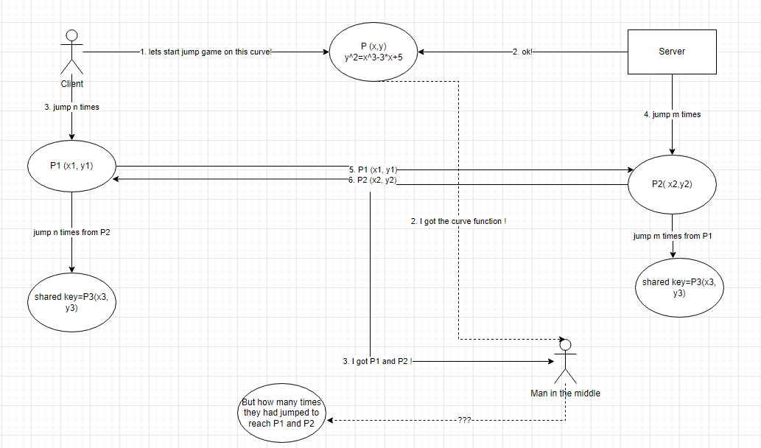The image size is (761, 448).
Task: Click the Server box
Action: [671, 52]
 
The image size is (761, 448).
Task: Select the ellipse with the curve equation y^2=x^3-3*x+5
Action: [374, 52]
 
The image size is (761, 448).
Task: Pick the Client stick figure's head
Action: [71, 35]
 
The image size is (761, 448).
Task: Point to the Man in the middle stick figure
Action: [565, 361]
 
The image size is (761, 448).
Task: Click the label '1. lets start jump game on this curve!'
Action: [206, 52]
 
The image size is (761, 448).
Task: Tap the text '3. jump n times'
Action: [71, 107]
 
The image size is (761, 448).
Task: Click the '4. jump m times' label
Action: [671, 114]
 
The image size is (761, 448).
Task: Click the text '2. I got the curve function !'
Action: [458, 221]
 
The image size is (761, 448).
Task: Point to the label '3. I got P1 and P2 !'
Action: [377, 361]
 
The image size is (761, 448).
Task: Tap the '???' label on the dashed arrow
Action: [464, 420]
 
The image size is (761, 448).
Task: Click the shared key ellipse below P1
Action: [71, 303]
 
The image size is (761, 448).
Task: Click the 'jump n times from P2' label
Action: [71, 232]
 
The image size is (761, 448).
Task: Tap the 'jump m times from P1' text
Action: [672, 236]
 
